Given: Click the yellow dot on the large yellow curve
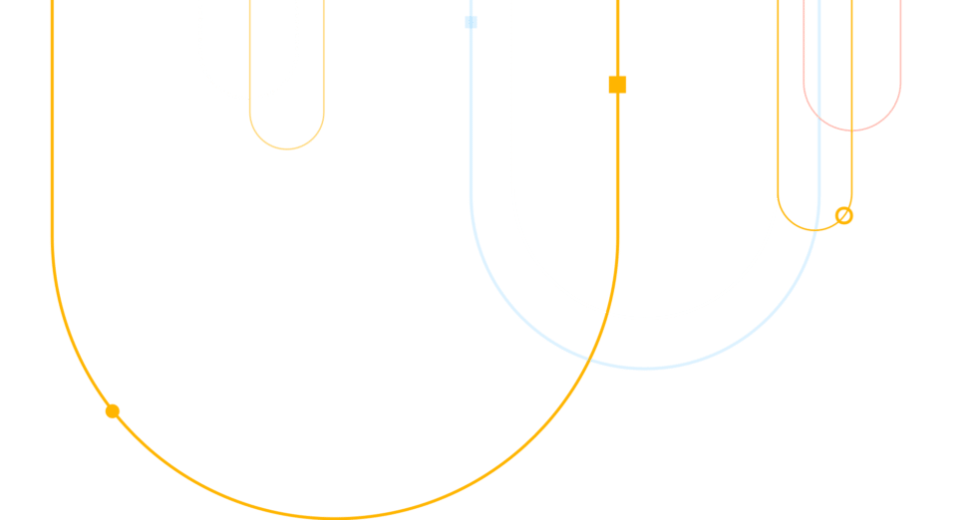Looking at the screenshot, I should [x=113, y=411].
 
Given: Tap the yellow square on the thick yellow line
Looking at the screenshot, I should [x=617, y=85].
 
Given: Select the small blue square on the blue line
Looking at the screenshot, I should [x=471, y=22].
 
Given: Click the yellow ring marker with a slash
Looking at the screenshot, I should [x=843, y=215].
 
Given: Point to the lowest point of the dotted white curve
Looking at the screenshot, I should [x=248, y=99].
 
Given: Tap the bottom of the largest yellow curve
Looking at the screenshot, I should [x=335, y=517].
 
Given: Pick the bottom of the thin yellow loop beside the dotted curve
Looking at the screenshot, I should [x=287, y=149].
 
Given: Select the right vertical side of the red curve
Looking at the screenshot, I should [x=901, y=50].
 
